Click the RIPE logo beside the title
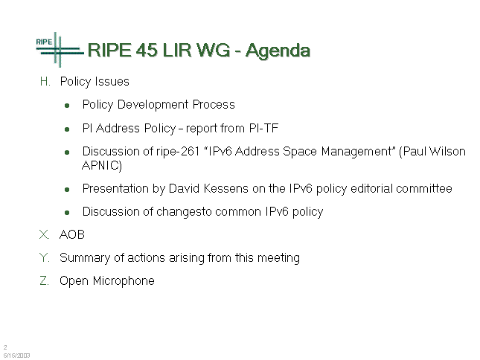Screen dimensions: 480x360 tap(60, 50)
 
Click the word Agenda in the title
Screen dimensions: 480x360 tap(278, 51)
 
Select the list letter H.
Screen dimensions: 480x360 tap(45, 82)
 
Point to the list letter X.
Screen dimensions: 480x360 tap(45, 234)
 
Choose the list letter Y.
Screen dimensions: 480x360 tap(45, 257)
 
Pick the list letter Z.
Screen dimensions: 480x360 tap(45, 280)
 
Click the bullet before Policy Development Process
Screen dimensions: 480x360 tap(67, 106)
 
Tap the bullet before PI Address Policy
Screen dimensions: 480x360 tap(67, 129)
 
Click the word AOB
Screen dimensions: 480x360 tap(72, 234)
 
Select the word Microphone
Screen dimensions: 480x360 tap(124, 280)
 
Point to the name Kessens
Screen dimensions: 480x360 tap(226, 188)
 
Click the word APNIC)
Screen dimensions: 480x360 tap(102, 165)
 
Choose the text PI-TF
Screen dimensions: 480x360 tap(264, 128)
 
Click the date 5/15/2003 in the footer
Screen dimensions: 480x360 tap(17, 356)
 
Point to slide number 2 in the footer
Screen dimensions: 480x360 tap(5, 347)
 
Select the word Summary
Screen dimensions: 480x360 tap(85, 258)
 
